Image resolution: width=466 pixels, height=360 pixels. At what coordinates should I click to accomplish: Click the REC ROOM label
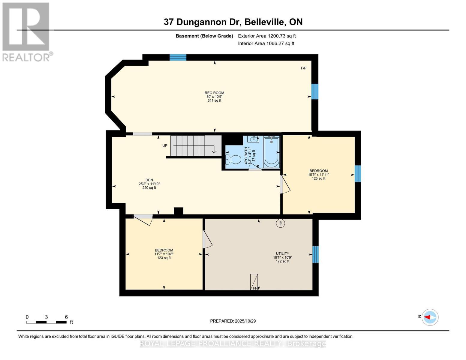pyautogui.click(x=214, y=93)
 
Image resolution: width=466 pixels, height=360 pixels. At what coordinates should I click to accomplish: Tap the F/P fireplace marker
pyautogui.click(x=304, y=68)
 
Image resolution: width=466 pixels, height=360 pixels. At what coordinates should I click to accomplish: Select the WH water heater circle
pyautogui.click(x=281, y=223)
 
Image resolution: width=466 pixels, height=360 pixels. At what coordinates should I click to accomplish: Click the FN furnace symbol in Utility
pyautogui.click(x=254, y=282)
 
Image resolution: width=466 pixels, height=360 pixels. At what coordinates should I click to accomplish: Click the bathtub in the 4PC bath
pyautogui.click(x=271, y=152)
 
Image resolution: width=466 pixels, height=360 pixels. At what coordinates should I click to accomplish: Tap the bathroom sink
pyautogui.click(x=253, y=139)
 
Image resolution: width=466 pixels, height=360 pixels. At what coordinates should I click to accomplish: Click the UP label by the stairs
pyautogui.click(x=165, y=145)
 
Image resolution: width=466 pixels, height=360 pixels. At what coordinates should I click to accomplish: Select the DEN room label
pyautogui.click(x=149, y=180)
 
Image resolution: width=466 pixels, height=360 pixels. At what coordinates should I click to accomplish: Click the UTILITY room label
pyautogui.click(x=282, y=253)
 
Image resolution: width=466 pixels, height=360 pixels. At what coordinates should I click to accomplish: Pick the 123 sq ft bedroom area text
pyautogui.click(x=164, y=258)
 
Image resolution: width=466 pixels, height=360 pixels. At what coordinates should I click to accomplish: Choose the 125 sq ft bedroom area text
pyautogui.click(x=318, y=178)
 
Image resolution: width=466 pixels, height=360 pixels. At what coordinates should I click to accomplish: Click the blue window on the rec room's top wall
pyautogui.click(x=178, y=57)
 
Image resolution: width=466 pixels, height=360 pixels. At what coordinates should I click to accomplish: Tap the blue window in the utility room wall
pyautogui.click(x=315, y=254)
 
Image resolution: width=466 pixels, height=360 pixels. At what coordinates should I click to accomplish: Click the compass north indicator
pyautogui.click(x=430, y=317)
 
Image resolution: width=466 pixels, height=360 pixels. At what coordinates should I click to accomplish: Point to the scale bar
pyautogui.click(x=46, y=322)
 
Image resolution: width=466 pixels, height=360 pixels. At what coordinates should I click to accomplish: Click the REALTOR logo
pyautogui.click(x=26, y=32)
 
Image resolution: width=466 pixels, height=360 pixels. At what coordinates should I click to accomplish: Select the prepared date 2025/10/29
pyautogui.click(x=233, y=321)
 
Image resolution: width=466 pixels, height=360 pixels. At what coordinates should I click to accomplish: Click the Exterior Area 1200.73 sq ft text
pyautogui.click(x=267, y=36)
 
